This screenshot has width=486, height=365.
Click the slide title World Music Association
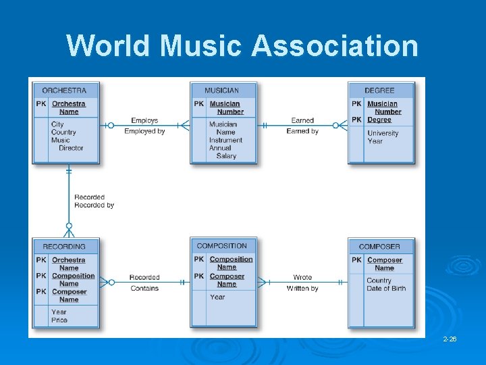point(242,46)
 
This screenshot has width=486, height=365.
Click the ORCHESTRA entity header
point(64,91)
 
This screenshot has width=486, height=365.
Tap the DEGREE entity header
point(379,91)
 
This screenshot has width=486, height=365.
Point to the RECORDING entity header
point(64,247)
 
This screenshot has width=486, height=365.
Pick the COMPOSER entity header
point(379,247)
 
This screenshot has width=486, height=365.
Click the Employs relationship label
point(144,121)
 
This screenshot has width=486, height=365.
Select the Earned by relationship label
point(302,131)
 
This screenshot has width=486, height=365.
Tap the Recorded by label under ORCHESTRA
point(94,205)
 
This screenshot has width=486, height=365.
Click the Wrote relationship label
point(302,277)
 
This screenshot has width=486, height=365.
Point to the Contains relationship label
point(144,288)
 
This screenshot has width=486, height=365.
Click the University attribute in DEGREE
point(383,133)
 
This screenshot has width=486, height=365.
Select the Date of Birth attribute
point(386,289)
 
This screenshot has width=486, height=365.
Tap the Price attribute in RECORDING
point(59,320)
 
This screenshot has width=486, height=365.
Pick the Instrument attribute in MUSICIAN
point(225,140)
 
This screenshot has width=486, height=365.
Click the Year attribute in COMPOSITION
point(217,297)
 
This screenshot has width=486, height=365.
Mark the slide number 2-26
point(450,339)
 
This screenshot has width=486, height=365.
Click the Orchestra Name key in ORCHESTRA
point(69,107)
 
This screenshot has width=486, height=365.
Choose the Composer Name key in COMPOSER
point(385,264)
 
